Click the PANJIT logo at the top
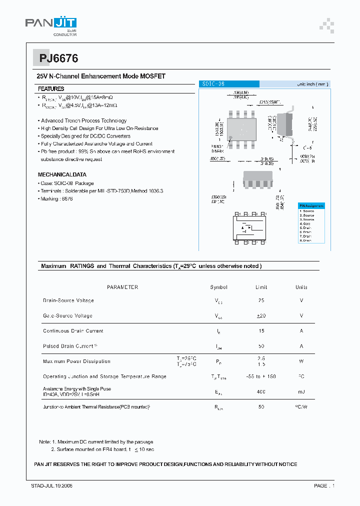[50, 24]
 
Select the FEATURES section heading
[51, 88]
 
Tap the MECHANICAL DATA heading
[62, 175]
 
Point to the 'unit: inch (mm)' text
[312, 84]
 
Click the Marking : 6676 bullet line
[56, 199]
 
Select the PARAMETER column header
[122, 287]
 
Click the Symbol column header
[218, 287]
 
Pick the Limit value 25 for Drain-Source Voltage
[261, 300]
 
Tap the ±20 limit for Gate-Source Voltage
[261, 316]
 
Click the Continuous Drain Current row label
[73, 331]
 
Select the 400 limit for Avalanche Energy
[261, 392]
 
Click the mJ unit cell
[301, 392]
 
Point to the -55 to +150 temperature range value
[261, 376]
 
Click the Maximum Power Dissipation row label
[76, 361]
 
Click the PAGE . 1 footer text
[324, 486]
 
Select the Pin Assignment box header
[311, 206]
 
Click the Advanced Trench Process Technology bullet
[83, 121]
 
